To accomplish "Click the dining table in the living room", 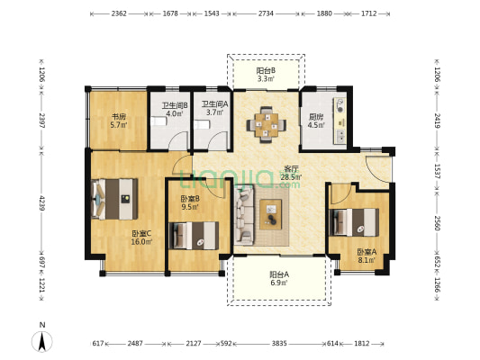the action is (267, 125).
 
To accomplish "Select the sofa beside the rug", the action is (244, 215).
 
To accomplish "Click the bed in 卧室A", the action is (354, 222).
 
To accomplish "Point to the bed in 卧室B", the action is (194, 236).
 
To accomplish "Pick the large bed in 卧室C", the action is (114, 199).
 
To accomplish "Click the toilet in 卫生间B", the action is (158, 121).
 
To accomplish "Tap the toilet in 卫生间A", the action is (202, 125).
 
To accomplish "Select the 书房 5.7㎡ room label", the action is (119, 121).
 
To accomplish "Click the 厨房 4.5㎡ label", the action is (316, 121).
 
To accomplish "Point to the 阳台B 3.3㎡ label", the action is (266, 75).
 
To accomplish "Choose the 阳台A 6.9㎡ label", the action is (279, 278).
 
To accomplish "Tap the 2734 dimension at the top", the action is (266, 13).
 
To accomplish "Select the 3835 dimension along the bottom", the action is (279, 344).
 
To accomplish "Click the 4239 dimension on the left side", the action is (42, 202).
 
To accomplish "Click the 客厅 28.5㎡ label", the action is (291, 173).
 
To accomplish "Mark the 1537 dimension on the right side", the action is (437, 171).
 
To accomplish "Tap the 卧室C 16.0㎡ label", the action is (141, 238).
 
